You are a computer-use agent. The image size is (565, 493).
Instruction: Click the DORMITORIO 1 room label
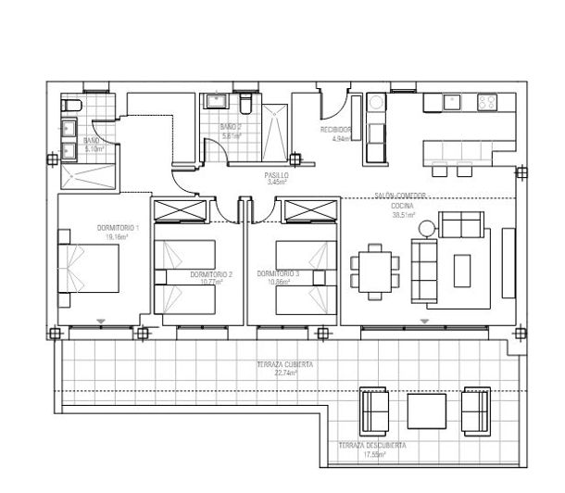tap(118, 228)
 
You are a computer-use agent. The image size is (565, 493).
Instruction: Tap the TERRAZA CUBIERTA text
tap(285, 365)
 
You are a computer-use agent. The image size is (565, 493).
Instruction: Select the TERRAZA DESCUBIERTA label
tap(372, 446)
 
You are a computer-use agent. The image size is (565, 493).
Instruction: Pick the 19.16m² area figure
tap(115, 237)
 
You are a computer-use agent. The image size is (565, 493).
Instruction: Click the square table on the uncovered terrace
tap(427, 408)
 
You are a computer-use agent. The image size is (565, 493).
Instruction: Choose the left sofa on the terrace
tap(375, 407)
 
